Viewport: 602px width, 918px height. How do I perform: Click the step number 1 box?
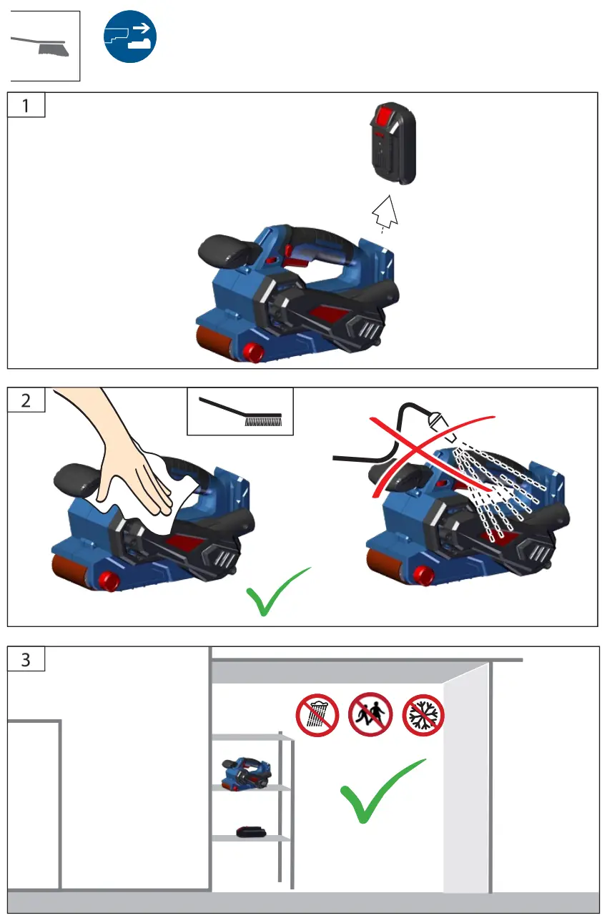26,105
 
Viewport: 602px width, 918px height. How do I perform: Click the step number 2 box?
26,400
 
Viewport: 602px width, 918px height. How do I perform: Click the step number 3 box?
26,659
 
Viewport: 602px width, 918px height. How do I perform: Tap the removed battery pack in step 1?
390,143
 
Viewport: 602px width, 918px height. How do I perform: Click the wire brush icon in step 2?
240,412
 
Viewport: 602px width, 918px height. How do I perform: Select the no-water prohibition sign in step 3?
317,715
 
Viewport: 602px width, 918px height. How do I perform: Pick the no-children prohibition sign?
370,715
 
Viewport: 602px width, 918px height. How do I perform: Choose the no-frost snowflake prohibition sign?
423,715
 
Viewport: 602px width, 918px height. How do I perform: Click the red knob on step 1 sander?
252,351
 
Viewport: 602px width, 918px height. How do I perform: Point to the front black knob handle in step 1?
224,251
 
